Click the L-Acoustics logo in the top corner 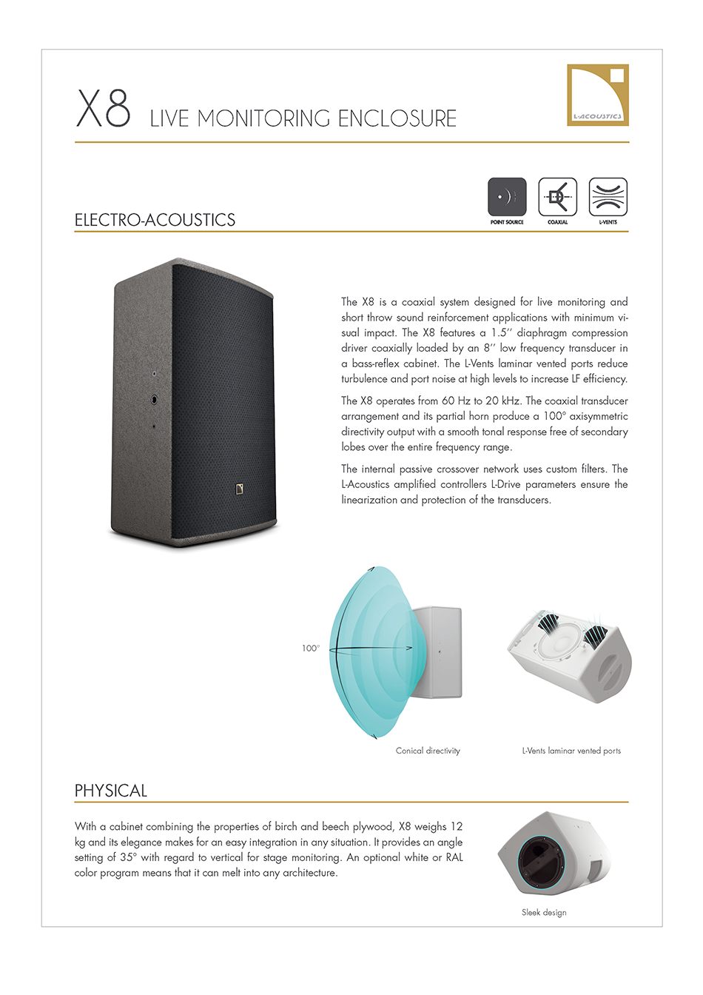tap(598, 95)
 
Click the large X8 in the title tap(104, 108)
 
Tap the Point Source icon tap(507, 197)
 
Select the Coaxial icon tap(557, 197)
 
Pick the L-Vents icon tap(608, 197)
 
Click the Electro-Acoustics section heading tap(155, 220)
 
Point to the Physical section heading tap(111, 791)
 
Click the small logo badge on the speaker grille tap(240, 489)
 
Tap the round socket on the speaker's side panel tap(154, 401)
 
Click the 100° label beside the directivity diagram tap(311, 649)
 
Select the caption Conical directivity tap(428, 751)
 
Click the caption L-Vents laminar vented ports tap(571, 751)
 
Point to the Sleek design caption tap(544, 913)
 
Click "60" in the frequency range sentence tap(448, 401)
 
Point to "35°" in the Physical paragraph tap(127, 858)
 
